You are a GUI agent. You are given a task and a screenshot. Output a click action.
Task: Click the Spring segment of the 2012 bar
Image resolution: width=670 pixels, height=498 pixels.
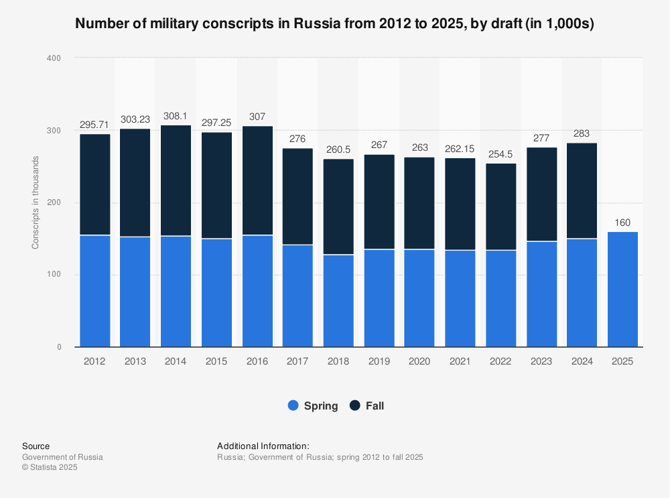[x=95, y=291]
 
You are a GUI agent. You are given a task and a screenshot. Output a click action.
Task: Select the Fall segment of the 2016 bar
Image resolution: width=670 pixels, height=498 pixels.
[x=257, y=180]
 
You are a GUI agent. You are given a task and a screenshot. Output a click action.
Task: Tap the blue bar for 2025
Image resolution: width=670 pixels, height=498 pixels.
[x=622, y=290]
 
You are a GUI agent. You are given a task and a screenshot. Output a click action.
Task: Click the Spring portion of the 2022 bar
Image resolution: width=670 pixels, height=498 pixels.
[x=501, y=298]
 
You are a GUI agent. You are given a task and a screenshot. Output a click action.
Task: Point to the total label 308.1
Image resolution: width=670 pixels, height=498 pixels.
[x=176, y=115]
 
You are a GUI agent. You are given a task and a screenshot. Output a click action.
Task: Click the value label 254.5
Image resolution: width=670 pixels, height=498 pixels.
[x=501, y=153]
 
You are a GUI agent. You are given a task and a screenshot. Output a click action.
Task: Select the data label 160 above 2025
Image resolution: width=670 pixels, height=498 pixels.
[x=622, y=223]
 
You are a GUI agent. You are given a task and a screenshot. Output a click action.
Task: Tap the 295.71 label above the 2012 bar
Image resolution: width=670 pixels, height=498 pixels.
[x=95, y=124]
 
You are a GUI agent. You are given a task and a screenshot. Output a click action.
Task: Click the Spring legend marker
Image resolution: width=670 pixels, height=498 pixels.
[x=293, y=406]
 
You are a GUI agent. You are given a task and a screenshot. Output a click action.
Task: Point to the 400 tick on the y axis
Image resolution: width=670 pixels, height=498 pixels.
[x=54, y=58]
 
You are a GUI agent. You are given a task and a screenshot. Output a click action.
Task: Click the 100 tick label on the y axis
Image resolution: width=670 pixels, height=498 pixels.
[x=54, y=275]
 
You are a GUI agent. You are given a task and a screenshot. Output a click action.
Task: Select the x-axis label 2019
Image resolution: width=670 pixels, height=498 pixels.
[x=379, y=361]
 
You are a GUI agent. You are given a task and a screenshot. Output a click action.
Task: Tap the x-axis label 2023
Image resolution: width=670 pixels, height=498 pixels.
[x=541, y=361]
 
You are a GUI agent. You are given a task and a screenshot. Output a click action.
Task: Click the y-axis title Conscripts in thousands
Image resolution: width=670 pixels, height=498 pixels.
[x=35, y=202]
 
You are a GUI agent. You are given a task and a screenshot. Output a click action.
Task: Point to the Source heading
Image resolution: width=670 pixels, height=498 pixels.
[x=36, y=446]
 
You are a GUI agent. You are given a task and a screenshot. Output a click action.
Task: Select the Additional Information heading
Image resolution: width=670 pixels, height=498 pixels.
[x=263, y=446]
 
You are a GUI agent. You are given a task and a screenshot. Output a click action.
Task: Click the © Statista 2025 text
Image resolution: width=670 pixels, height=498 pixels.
[x=50, y=468]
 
